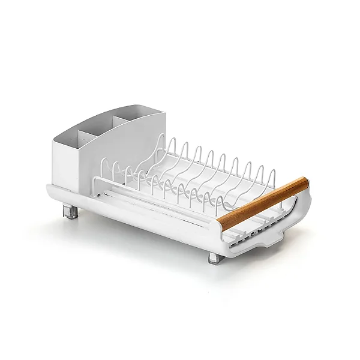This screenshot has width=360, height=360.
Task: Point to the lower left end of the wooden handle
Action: pyautogui.click(x=222, y=223)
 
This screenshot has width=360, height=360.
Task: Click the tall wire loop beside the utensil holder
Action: pyautogui.click(x=157, y=147)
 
